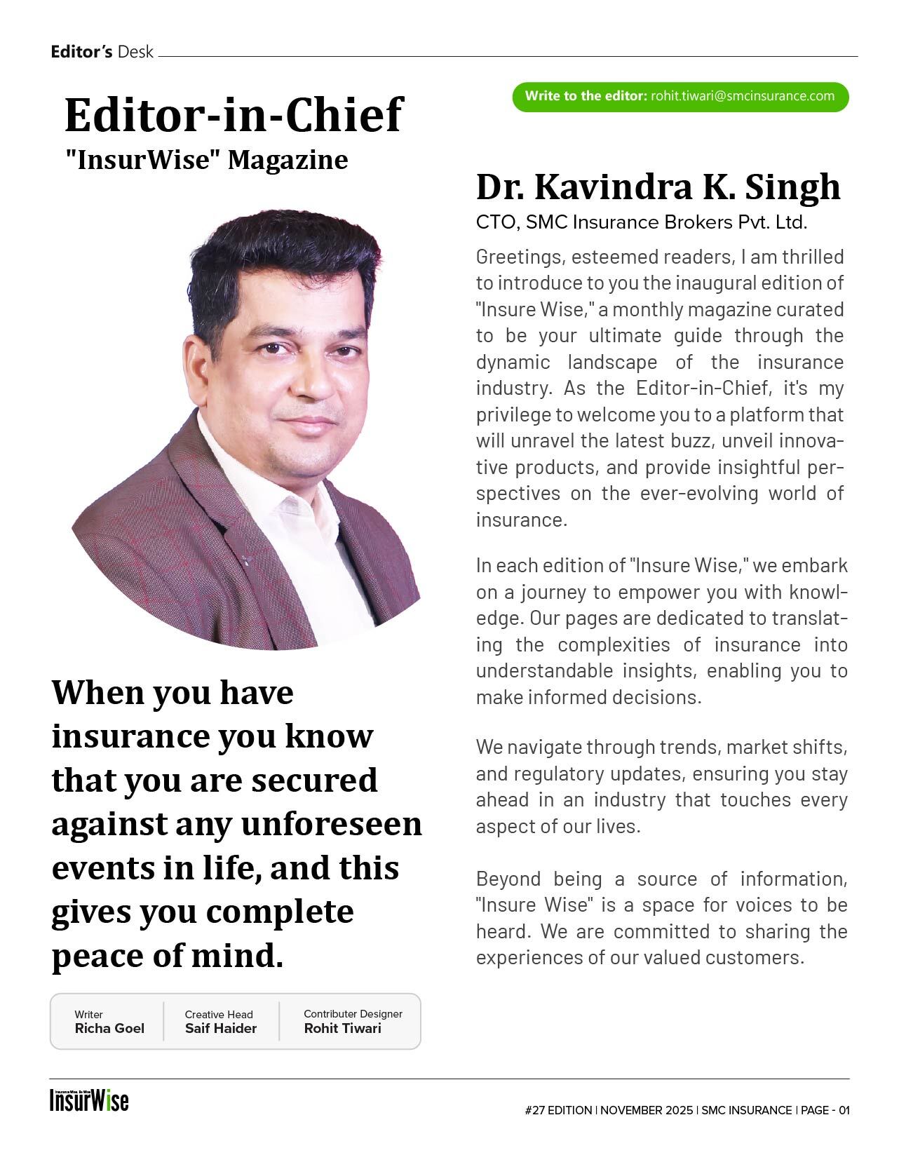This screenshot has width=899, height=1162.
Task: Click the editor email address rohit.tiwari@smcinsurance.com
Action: [742, 96]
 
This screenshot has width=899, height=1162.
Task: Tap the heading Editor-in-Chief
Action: [234, 115]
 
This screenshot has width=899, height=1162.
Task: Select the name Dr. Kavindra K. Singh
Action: [658, 187]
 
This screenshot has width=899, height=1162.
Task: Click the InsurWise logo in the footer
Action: [89, 1100]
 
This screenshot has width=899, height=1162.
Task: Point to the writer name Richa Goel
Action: [109, 1029]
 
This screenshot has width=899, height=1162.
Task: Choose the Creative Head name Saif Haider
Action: [221, 1029]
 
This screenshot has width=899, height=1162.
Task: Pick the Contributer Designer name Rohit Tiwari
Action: [342, 1029]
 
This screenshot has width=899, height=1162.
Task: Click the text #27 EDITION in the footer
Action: [557, 1111]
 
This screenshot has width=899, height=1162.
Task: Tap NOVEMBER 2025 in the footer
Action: [646, 1111]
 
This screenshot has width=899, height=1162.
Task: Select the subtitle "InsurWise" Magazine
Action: [206, 160]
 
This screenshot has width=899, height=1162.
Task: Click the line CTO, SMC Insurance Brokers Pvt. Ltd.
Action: [641, 222]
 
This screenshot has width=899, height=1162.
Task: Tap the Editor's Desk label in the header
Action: [102, 52]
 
